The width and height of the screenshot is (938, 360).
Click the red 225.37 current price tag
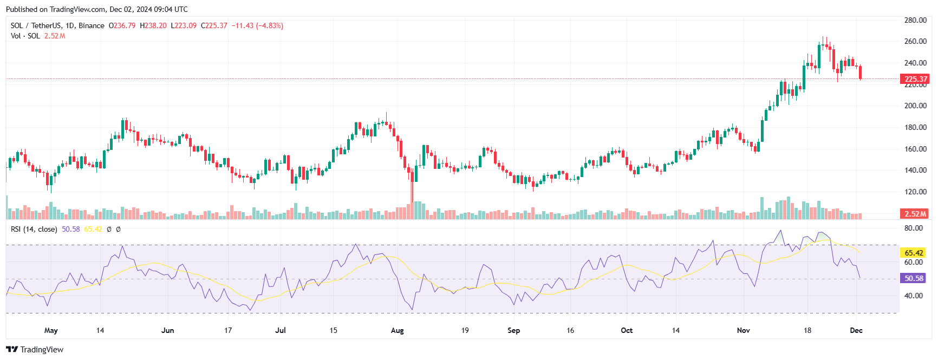pos(915,79)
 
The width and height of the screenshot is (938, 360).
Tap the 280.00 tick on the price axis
pos(915,20)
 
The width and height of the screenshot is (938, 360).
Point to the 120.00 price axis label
pos(915,192)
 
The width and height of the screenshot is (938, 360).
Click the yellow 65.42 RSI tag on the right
pos(914,253)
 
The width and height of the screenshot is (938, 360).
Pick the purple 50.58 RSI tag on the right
pos(914,278)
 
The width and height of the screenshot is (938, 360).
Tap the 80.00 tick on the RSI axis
pos(914,228)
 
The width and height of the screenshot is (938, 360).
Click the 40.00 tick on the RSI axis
pos(914,296)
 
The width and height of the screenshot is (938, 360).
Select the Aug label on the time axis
pos(398,330)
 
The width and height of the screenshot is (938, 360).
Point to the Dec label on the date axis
pos(856,330)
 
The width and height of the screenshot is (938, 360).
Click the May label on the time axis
pos(51,331)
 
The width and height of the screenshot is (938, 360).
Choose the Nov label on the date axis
pos(744,330)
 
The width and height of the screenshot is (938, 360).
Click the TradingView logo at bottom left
pos(35,349)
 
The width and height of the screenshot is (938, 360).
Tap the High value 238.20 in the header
pos(153,25)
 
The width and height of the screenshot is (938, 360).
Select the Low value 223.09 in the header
pos(184,25)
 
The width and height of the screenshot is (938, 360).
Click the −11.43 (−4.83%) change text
pos(257,25)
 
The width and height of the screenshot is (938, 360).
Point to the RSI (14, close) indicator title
pos(34,229)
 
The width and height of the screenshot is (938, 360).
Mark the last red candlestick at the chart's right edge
pos(861,73)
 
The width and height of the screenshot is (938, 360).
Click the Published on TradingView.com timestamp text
pos(97,9)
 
